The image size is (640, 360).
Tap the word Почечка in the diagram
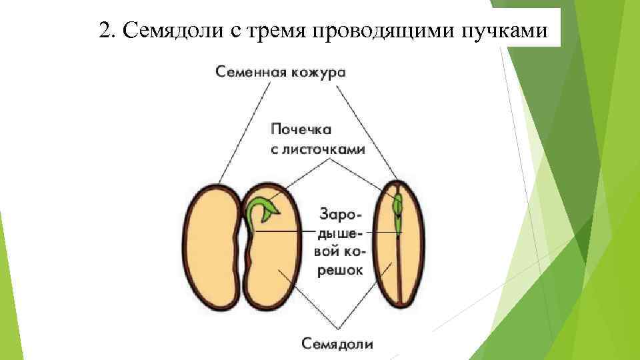click(301, 129)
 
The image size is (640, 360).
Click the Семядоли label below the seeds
click(337, 344)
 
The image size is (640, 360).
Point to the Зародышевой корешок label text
click(341, 243)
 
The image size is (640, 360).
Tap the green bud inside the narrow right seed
click(398, 207)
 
